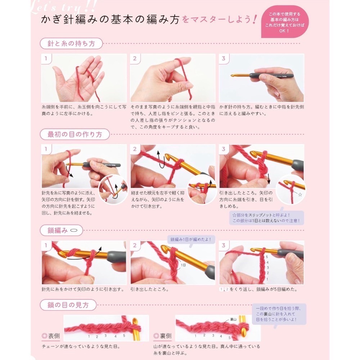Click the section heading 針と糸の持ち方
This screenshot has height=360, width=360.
(71, 44)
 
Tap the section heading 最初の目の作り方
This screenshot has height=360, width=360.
(75, 135)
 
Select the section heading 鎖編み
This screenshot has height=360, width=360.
(58, 230)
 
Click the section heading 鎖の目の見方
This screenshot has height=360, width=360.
(68, 305)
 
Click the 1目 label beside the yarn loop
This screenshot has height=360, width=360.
(184, 265)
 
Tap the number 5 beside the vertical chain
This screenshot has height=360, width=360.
(267, 257)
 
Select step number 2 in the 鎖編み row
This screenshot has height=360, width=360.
(135, 246)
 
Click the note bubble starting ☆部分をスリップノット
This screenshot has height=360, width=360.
(266, 218)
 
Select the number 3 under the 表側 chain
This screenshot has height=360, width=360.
(105, 336)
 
